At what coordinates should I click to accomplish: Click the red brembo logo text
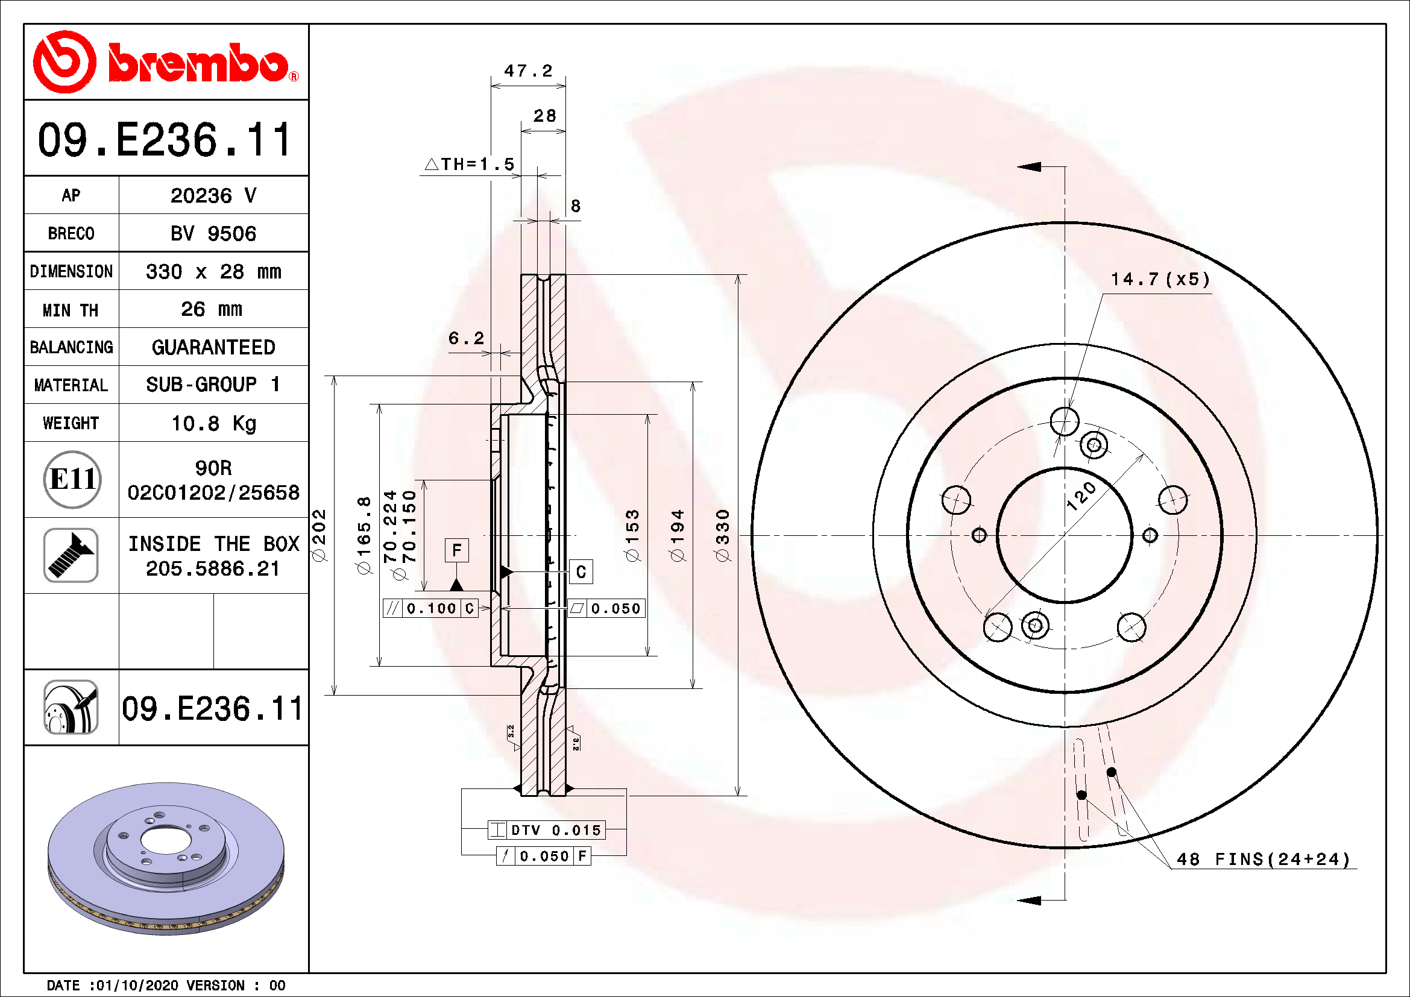tap(198, 63)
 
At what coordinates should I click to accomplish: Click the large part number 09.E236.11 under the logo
tap(165, 140)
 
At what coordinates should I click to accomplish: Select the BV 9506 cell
tap(213, 233)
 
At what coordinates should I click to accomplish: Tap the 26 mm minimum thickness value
tap(212, 309)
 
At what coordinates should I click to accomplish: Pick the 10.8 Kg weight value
tap(213, 423)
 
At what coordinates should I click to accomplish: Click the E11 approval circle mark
tap(72, 479)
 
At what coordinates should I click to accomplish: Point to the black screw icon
tap(71, 555)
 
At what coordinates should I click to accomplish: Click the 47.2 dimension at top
tap(528, 71)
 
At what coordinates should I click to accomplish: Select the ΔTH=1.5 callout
tap(470, 164)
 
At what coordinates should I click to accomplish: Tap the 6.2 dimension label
tap(466, 338)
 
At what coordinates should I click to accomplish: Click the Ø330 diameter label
tap(723, 535)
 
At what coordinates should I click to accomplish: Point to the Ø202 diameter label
tap(319, 535)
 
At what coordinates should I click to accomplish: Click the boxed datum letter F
tap(456, 550)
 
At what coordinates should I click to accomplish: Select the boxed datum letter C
tap(581, 572)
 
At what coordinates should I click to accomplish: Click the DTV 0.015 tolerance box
tap(547, 830)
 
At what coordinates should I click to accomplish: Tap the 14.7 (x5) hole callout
tap(1160, 279)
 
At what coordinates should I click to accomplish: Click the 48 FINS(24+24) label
tap(1264, 859)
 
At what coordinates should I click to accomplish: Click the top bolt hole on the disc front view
tap(1064, 422)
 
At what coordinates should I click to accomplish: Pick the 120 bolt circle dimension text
tap(1081, 496)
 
